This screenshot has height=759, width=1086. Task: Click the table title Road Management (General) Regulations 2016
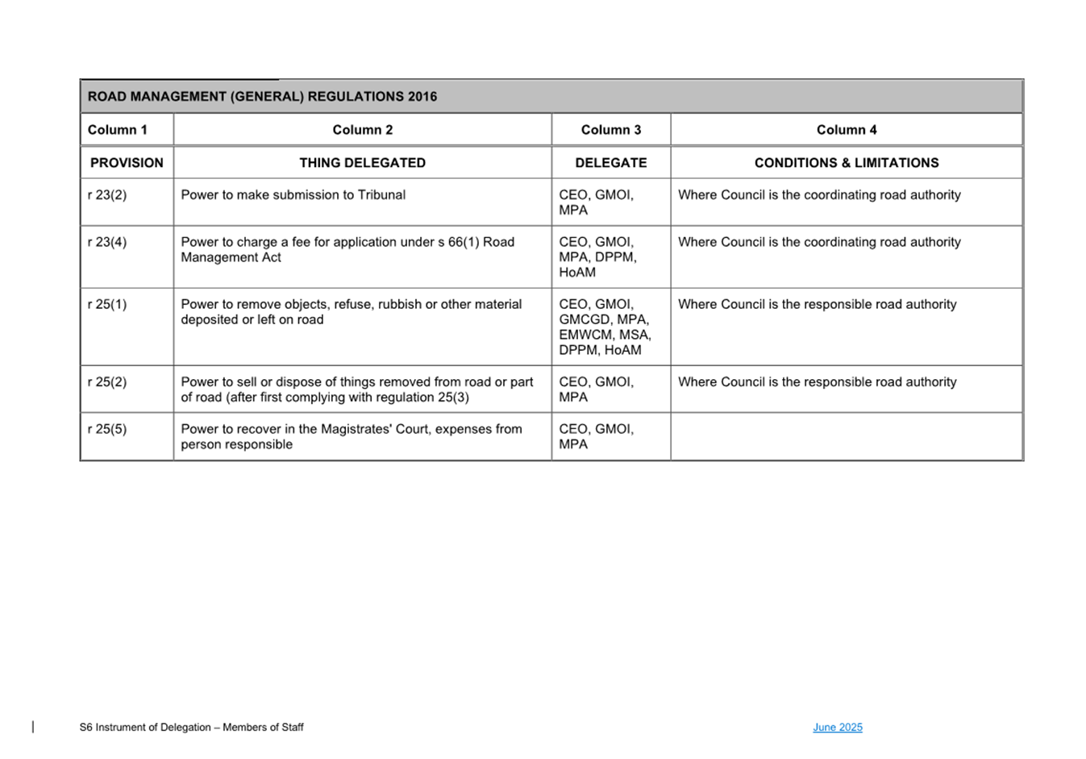[262, 97]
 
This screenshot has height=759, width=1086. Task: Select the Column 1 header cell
[118, 130]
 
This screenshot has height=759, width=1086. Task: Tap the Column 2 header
[362, 130]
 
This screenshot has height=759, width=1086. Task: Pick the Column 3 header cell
[610, 130]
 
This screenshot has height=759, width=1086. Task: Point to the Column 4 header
[846, 130]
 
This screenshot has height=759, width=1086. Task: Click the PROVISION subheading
[127, 163]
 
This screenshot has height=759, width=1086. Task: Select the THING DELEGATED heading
[362, 163]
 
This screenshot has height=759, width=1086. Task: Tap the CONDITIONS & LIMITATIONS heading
[846, 163]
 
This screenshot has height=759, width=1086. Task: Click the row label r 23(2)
[107, 195]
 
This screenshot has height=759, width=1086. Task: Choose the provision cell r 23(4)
[107, 242]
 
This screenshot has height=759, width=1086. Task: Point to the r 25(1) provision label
[107, 305]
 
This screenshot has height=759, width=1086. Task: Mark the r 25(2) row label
[107, 382]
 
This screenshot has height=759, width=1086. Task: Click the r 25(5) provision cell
[107, 429]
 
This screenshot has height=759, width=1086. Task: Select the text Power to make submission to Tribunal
[293, 195]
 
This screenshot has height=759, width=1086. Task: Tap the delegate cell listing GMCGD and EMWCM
[605, 327]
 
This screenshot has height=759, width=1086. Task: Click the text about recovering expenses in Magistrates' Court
[351, 436]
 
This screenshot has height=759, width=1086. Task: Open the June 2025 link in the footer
[837, 728]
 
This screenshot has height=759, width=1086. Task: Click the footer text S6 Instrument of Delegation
[191, 728]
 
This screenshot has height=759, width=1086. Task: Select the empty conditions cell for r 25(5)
[846, 436]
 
